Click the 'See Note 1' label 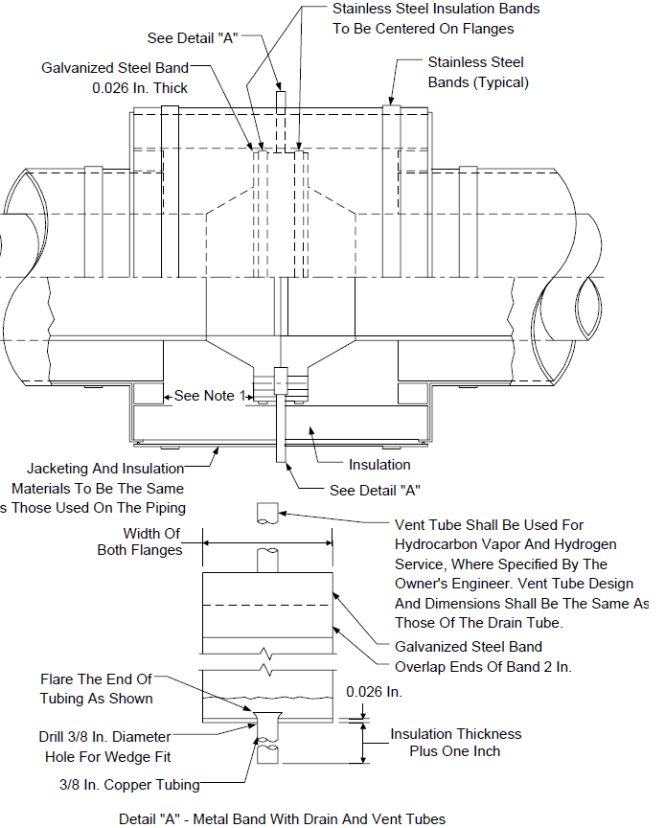coord(210,396)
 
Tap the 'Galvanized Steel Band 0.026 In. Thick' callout coord(115,79)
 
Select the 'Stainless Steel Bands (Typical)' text coord(478,72)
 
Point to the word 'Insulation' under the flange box coord(379,465)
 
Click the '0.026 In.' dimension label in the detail coord(374,692)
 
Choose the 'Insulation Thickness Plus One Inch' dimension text coord(455,743)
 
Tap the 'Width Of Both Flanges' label coord(140,541)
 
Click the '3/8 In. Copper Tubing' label coord(129,785)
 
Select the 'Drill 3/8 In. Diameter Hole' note coord(105,747)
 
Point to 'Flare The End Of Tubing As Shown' coord(96,689)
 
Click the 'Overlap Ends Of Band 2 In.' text coord(483,667)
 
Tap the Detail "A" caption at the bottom coord(282,819)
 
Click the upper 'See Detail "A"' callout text coord(193,38)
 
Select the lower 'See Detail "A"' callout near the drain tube coord(375,491)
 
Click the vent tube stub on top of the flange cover coord(281,103)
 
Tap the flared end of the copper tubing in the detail coord(267,718)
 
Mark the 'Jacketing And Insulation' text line coord(105,469)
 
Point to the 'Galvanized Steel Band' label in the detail coord(469,647)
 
